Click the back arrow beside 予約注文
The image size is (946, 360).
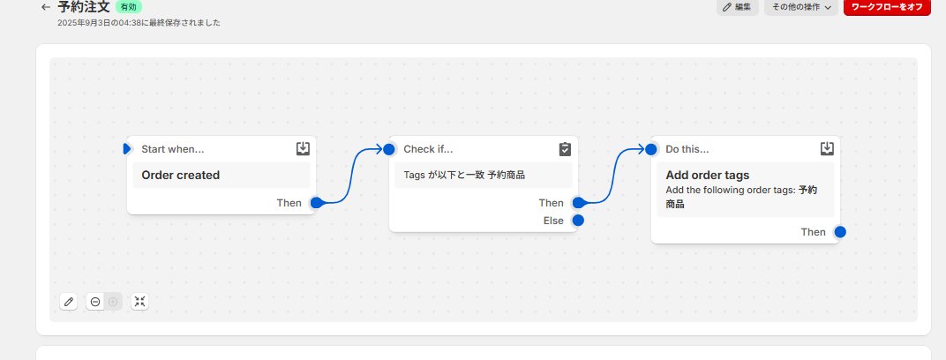tap(46, 6)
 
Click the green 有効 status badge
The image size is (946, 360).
tap(129, 6)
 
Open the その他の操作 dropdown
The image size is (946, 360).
tap(800, 7)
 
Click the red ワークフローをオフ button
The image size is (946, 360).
tap(888, 7)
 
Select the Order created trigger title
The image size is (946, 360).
tap(181, 175)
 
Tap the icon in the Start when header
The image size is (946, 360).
tap(303, 149)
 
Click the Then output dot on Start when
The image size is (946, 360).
tap(316, 202)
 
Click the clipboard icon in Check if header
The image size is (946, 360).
tap(565, 149)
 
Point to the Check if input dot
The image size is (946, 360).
tap(389, 149)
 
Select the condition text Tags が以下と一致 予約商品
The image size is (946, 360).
tap(464, 175)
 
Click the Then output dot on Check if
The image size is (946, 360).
tap(578, 203)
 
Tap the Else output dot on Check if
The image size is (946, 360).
tap(578, 221)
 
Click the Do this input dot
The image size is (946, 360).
tap(651, 149)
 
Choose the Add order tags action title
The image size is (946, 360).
tap(707, 175)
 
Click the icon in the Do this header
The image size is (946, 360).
tap(827, 149)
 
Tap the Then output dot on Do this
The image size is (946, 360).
tap(840, 232)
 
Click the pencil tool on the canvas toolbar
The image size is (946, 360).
tap(68, 302)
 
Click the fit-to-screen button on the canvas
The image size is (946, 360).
tap(139, 302)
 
